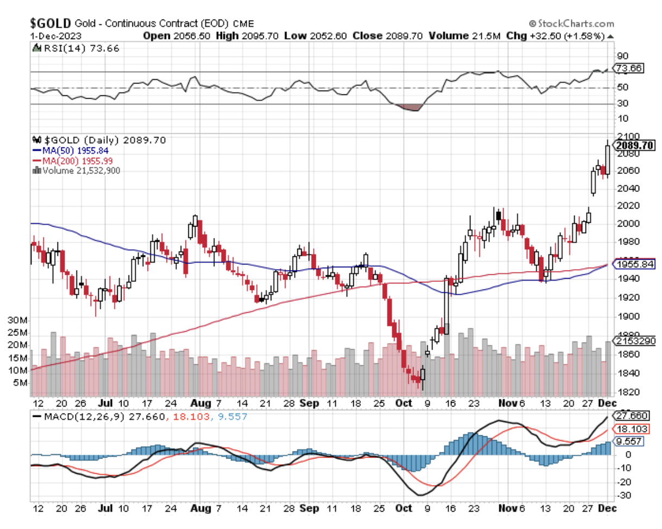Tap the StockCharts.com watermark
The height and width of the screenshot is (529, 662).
[571, 23]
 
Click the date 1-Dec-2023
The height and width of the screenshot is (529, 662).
[55, 36]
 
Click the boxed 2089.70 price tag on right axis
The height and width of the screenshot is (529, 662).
[635, 145]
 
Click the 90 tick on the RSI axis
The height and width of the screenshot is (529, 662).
[622, 55]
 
